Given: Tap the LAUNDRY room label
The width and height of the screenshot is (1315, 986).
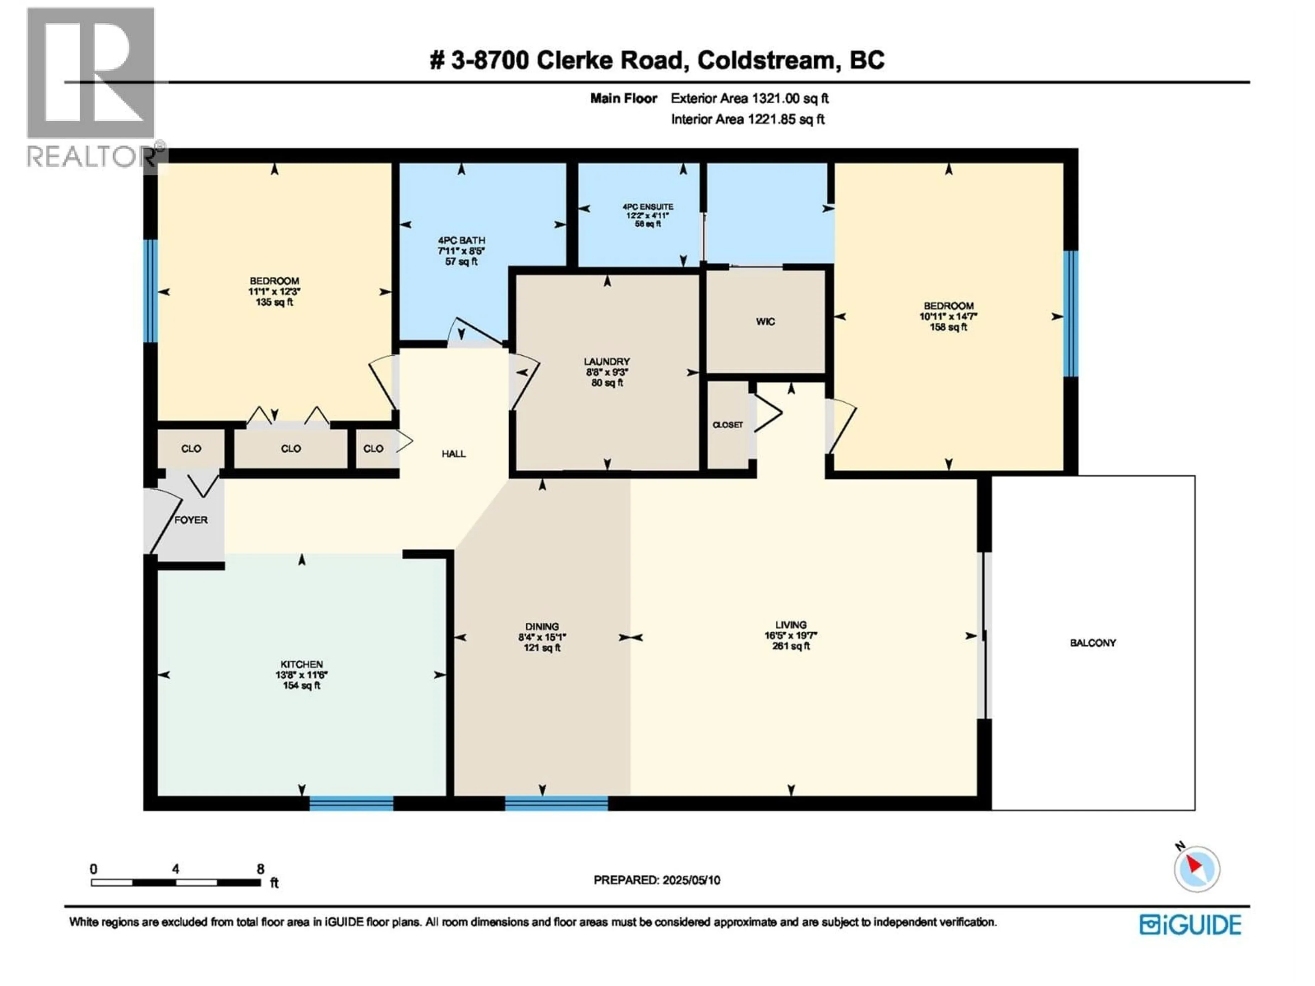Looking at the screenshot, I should coord(606,361).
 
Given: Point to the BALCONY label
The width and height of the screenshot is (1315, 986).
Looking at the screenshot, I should coord(1093,643).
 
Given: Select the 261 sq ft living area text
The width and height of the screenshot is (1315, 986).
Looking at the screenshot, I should coord(791,646).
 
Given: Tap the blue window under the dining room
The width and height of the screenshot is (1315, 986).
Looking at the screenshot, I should coord(556,804).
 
